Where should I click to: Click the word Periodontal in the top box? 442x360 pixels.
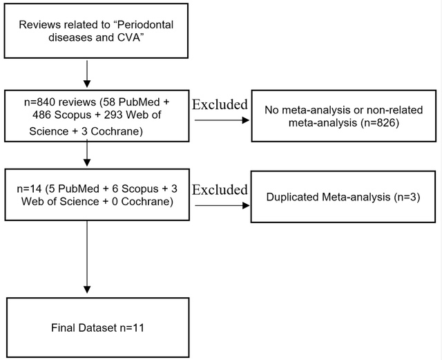click(145, 25)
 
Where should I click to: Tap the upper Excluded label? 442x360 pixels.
click(220, 104)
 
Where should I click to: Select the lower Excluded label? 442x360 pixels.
click(220, 189)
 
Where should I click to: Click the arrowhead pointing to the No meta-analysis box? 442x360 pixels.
click(246, 120)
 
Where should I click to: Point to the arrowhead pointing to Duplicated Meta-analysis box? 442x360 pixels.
click(246, 205)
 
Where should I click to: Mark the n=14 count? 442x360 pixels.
click(29, 189)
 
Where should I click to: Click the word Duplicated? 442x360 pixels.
click(292, 197)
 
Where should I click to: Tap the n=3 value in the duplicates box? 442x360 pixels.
click(406, 197)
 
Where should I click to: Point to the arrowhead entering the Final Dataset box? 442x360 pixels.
click(87, 290)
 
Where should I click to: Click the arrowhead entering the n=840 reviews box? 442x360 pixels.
click(87, 84)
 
